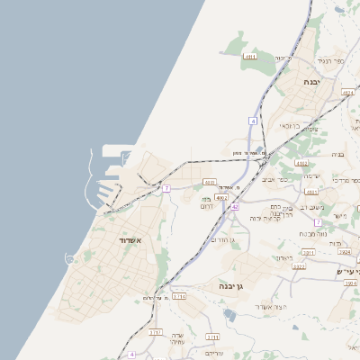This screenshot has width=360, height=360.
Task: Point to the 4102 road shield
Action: click(301, 163)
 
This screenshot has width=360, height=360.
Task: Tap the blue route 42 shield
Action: click(234, 207)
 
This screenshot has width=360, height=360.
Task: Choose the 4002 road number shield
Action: click(221, 197)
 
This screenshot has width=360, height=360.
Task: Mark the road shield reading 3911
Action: click(308, 253)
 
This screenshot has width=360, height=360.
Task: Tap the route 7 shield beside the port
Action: click(166, 188)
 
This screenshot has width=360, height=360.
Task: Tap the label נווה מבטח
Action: click(310, 234)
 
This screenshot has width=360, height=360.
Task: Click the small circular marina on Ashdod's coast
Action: click(71, 259)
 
